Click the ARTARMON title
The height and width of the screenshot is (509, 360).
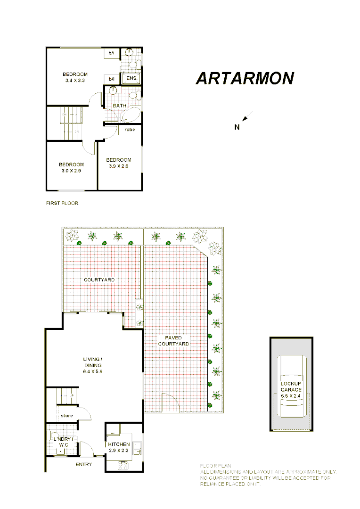(245, 78)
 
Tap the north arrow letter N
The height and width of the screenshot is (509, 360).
(237, 126)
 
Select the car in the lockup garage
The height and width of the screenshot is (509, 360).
(292, 386)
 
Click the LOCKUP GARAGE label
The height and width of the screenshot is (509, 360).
(291, 386)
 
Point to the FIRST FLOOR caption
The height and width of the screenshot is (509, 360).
(62, 203)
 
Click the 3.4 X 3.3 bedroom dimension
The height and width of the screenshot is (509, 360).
(75, 81)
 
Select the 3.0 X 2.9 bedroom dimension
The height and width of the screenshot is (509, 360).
(71, 171)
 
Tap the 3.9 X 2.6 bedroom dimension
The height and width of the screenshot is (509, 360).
(118, 166)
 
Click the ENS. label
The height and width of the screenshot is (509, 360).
(131, 79)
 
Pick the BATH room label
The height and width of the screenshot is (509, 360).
(119, 106)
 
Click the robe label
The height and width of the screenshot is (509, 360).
(130, 129)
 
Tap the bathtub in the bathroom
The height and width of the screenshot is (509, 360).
(130, 115)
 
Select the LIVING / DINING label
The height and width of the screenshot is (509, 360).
(92, 362)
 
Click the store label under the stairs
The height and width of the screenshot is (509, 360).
(67, 416)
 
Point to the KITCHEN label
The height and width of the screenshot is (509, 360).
(119, 444)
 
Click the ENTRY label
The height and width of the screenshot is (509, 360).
(84, 464)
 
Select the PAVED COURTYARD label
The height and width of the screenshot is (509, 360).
(173, 341)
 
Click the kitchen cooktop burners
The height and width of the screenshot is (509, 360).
(123, 465)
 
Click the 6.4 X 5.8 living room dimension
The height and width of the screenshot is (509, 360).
(92, 371)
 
